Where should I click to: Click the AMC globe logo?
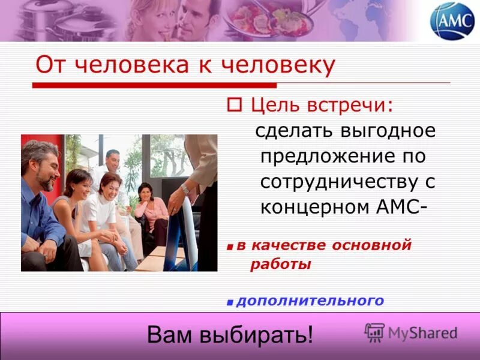[452, 21]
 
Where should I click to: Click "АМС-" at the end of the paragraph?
[402, 208]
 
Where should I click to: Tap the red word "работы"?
[280, 264]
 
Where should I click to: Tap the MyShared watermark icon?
[374, 332]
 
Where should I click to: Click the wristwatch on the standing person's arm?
[185, 188]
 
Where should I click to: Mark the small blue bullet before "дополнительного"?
[230, 301]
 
